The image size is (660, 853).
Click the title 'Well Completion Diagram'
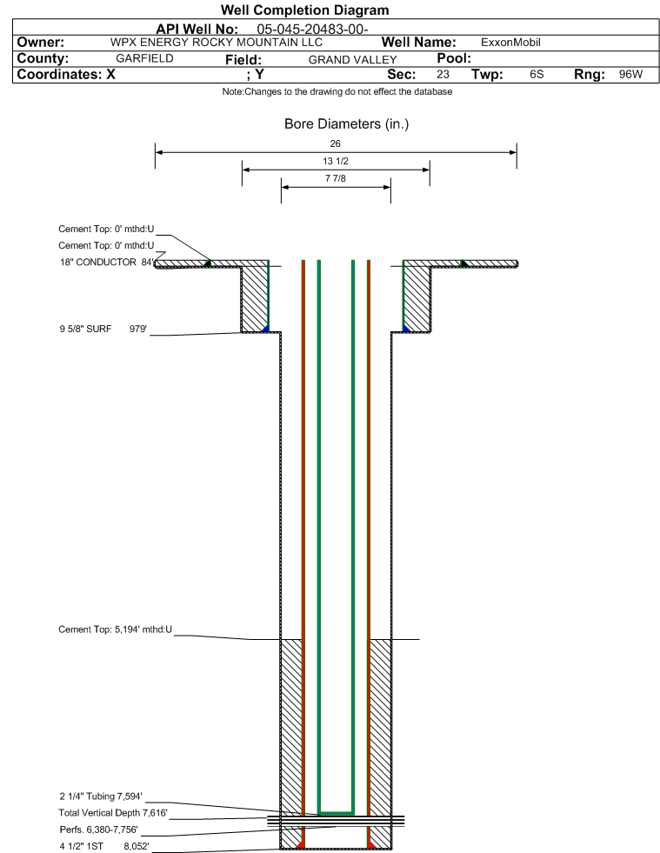click(304, 10)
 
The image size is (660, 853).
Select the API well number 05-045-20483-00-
click(312, 29)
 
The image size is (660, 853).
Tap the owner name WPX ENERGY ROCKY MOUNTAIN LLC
click(217, 43)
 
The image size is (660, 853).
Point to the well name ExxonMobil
click(510, 43)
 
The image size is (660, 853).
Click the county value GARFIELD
click(144, 58)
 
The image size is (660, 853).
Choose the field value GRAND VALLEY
click(352, 60)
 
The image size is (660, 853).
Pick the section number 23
click(443, 75)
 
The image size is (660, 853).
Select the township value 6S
click(537, 75)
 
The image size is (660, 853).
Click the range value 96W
click(630, 75)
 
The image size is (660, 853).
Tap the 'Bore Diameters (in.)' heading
click(347, 124)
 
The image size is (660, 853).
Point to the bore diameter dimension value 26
click(335, 143)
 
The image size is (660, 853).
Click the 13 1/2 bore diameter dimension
click(335, 161)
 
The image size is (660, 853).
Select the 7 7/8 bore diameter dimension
click(335, 178)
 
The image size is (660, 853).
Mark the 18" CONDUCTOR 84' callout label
click(107, 263)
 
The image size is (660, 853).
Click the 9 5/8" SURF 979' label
click(103, 330)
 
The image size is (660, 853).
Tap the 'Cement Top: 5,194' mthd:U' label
click(116, 630)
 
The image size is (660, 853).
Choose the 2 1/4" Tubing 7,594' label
click(101, 796)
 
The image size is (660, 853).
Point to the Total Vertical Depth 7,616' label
click(113, 813)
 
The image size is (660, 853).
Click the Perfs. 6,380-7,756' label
click(99, 830)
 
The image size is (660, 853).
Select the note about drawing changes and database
click(337, 91)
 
